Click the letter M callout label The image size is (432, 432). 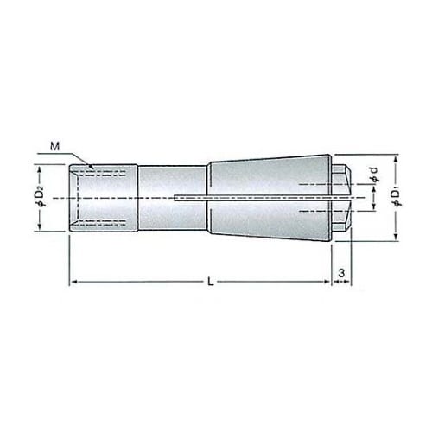pos(54,147)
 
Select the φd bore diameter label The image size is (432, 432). pos(374,175)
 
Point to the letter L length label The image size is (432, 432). pos(211,282)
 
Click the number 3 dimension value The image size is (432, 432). pos(341,273)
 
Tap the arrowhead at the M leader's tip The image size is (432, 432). pos(91,167)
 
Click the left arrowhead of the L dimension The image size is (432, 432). pos(74,282)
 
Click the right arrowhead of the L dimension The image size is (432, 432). pos(327,282)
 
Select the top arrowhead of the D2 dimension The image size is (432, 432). pos(40,168)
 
